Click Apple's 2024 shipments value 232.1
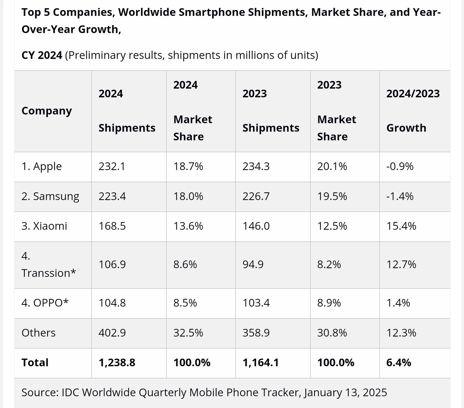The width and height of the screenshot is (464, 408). (112, 167)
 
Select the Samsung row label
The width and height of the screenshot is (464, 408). (50, 197)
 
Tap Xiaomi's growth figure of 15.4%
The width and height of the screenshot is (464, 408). (401, 226)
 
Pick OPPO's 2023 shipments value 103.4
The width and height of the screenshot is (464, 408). (256, 303)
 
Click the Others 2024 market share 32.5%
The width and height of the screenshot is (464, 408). (188, 333)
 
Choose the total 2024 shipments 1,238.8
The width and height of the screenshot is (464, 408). (117, 362)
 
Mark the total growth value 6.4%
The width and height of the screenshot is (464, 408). (399, 362)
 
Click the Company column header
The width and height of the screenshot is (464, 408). (47, 111)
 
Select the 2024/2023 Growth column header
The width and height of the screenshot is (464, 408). (413, 111)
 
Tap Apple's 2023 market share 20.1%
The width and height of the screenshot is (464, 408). (332, 167)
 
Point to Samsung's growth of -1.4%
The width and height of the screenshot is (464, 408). (400, 197)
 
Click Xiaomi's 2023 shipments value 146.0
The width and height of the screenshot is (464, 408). (256, 226)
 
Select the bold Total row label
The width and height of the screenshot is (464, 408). (35, 362)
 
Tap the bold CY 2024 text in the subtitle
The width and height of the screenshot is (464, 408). (42, 55)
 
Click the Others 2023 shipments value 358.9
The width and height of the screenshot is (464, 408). (256, 333)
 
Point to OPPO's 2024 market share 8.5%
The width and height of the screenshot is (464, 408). (185, 303)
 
